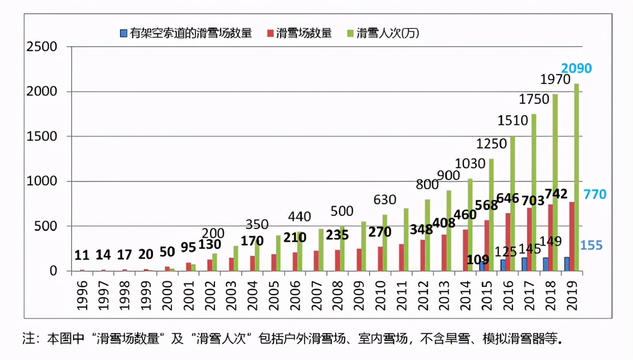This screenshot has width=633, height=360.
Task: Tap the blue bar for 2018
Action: click(546, 264)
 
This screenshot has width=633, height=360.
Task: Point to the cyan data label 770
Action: click(595, 194)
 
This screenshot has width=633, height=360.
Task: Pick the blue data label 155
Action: click(592, 245)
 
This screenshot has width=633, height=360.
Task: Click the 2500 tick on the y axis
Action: click(42, 46)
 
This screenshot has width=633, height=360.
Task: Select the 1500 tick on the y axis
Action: click(42, 136)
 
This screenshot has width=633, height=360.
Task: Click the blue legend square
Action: click(124, 34)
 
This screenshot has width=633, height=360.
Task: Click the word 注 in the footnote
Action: click(27, 339)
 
